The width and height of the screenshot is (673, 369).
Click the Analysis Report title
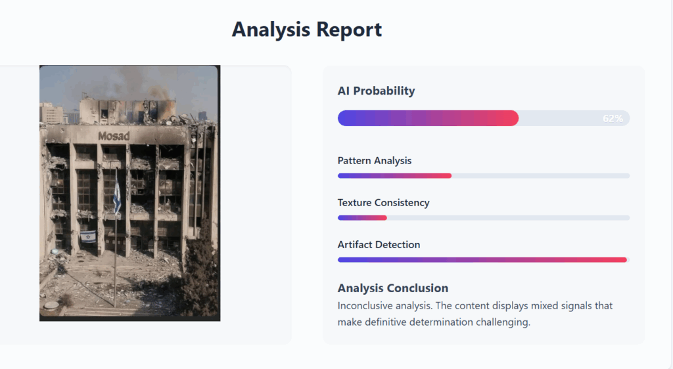[x=307, y=30]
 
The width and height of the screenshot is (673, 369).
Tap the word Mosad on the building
[x=114, y=136]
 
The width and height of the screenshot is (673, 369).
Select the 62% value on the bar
[x=613, y=118]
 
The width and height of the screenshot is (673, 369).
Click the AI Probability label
[x=376, y=91]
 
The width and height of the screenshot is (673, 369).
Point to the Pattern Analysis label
[x=374, y=160]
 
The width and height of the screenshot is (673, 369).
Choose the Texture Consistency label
[x=383, y=202]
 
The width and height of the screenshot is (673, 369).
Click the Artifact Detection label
[x=379, y=244]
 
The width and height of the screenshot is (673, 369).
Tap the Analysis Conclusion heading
[x=393, y=288]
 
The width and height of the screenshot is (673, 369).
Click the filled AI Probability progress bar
[x=428, y=118]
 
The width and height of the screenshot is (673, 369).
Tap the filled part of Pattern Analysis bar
[x=394, y=176]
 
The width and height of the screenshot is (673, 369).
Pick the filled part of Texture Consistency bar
[x=362, y=218]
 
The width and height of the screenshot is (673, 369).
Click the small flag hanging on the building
[x=88, y=236]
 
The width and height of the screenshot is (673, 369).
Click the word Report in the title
[x=349, y=30]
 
